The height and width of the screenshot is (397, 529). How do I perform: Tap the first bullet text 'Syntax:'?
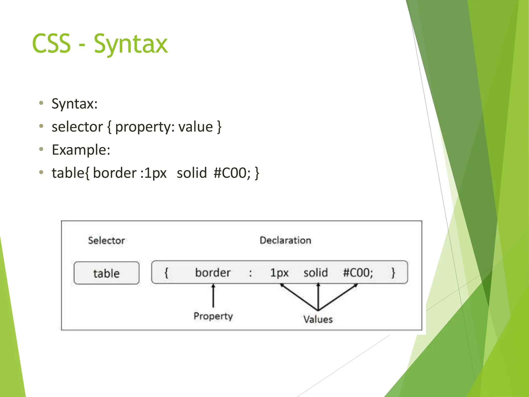pyautogui.click(x=74, y=104)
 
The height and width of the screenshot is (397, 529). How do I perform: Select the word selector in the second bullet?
pyautogui.click(x=77, y=127)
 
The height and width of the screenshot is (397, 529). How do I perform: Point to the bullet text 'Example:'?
pyautogui.click(x=81, y=150)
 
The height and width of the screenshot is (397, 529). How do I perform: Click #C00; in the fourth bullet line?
pyautogui.click(x=232, y=173)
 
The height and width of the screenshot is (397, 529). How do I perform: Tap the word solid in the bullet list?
pyautogui.click(x=192, y=173)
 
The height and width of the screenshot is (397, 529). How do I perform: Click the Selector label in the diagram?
pyautogui.click(x=106, y=241)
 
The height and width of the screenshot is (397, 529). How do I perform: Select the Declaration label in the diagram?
pyautogui.click(x=285, y=240)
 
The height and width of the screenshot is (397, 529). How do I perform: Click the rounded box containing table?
pyautogui.click(x=106, y=273)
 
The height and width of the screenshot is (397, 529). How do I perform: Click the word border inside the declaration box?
pyautogui.click(x=213, y=273)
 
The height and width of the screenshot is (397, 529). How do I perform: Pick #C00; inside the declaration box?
pyautogui.click(x=358, y=273)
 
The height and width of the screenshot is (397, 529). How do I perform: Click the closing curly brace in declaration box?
pyautogui.click(x=393, y=273)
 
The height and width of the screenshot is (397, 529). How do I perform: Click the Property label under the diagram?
pyautogui.click(x=213, y=316)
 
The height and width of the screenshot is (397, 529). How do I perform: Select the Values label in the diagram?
pyautogui.click(x=318, y=319)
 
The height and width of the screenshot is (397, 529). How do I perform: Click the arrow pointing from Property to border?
pyautogui.click(x=213, y=296)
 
